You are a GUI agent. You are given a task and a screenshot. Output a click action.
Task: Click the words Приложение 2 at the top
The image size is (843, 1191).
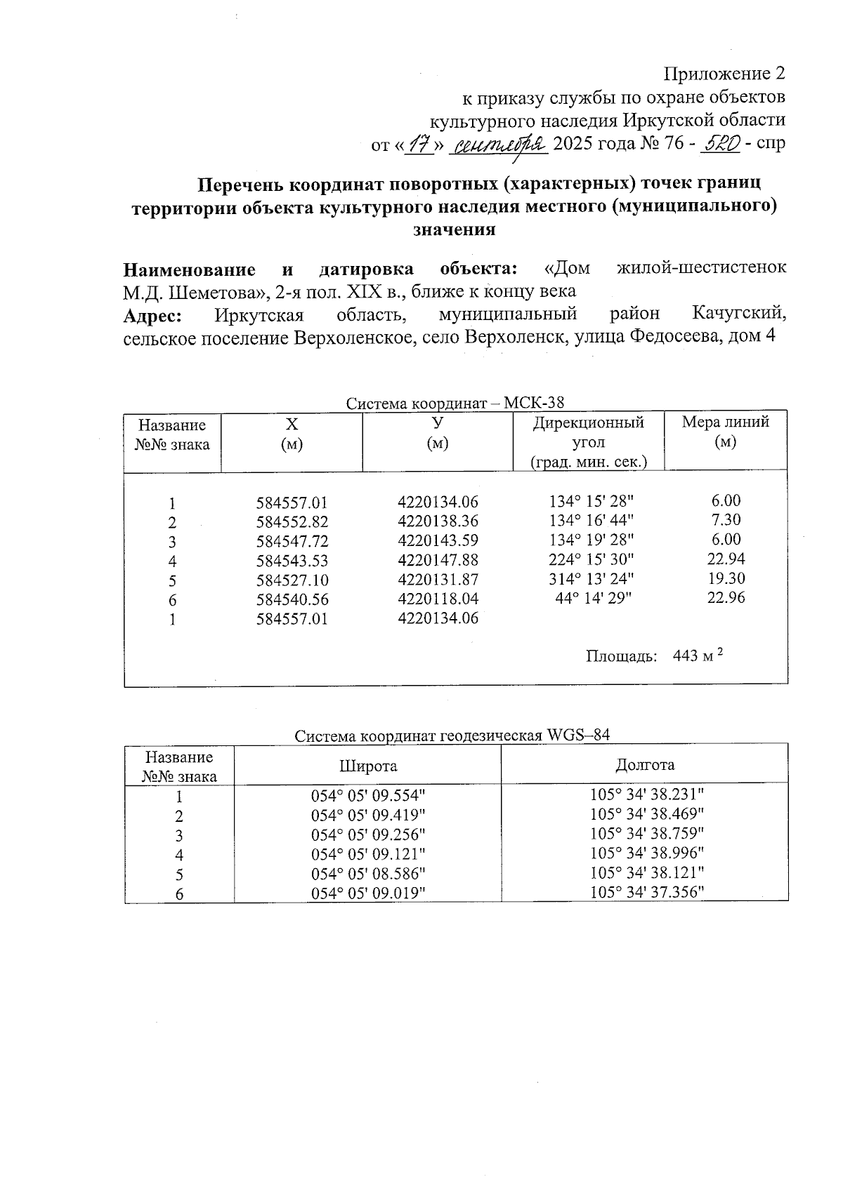724,74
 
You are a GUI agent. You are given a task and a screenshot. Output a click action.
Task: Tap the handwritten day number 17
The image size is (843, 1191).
420,145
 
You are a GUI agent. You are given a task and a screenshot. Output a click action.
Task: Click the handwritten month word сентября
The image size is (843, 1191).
501,145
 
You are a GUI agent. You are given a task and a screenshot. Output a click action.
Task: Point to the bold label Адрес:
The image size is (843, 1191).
152,316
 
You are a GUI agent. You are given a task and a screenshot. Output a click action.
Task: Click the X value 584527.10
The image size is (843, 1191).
292,580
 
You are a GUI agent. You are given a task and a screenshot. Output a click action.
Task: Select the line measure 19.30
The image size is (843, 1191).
727,578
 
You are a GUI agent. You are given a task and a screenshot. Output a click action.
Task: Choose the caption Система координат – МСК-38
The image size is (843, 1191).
455,404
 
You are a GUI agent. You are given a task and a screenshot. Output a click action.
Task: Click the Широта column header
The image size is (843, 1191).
368,766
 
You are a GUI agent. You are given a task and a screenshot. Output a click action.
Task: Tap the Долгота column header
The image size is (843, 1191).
645,764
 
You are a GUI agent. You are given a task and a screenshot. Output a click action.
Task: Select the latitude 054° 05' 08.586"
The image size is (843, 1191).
368,873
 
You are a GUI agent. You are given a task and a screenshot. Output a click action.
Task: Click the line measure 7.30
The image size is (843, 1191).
726,520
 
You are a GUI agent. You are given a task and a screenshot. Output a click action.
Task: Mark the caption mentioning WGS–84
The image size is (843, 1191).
452,736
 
